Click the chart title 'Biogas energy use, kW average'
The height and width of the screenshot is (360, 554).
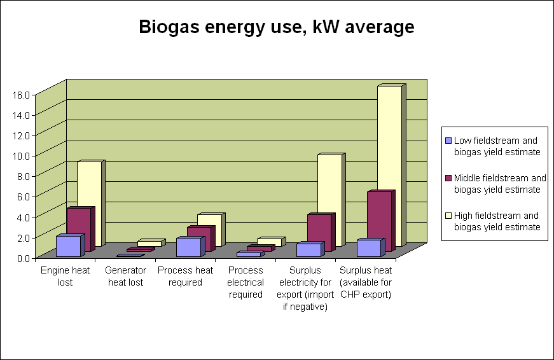[x=277, y=27]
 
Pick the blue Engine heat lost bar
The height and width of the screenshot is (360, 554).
[x=68, y=246]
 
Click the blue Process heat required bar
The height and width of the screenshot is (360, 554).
[x=188, y=247]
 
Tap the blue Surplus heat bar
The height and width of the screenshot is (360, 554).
[x=368, y=248]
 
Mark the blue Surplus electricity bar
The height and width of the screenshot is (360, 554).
[x=308, y=249]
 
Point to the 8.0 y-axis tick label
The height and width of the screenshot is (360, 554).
[x=24, y=175]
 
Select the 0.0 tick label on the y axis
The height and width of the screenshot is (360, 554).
[x=24, y=257]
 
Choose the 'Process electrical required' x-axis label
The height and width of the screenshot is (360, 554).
[x=246, y=282]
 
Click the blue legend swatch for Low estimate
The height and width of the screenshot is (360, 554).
[x=448, y=141]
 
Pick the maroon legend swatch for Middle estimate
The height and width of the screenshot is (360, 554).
[x=448, y=178]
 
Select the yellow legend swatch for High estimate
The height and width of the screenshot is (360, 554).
[x=448, y=216]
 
